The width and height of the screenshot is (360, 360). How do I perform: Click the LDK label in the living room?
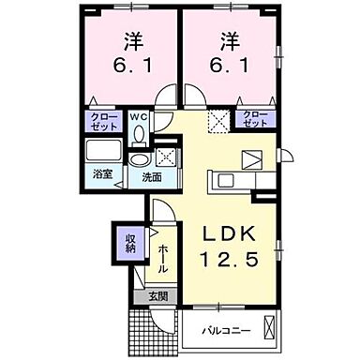point(229,233)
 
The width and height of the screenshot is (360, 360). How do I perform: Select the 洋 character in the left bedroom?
point(131,41)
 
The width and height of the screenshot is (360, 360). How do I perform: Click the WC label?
point(139,117)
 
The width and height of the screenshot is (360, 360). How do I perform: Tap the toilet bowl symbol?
point(140,134)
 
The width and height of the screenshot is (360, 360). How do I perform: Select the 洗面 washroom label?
point(151,175)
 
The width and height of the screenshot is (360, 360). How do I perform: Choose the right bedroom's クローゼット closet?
point(253,119)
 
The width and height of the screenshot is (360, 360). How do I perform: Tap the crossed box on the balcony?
point(270,328)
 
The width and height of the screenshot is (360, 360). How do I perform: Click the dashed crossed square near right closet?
point(219,119)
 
